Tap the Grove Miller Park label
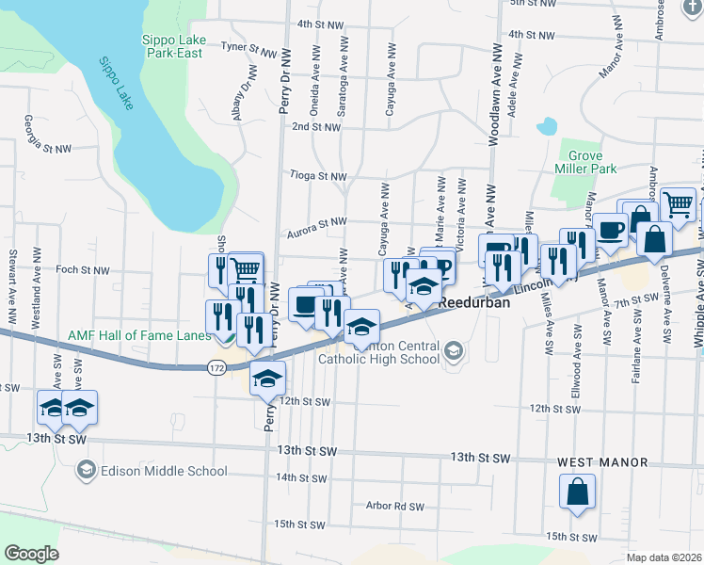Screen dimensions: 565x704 [591, 162]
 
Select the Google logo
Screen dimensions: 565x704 [31, 554]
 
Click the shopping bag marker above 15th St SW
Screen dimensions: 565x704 [578, 492]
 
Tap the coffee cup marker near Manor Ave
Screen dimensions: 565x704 [610, 230]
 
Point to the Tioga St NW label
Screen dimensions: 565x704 [319, 176]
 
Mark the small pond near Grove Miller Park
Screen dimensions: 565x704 [546, 126]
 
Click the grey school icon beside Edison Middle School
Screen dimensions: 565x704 [87, 470]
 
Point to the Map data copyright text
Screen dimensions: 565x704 [664, 557]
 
